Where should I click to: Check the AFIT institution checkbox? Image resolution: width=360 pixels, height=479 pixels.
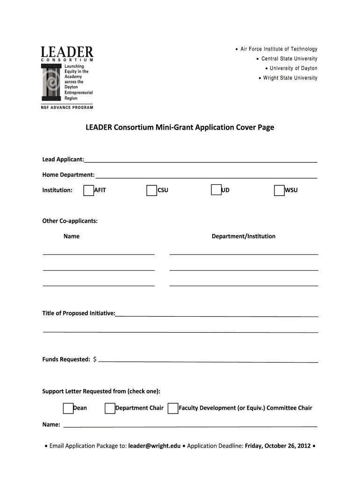pos(88,190)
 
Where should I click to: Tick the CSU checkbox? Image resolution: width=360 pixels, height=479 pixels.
pos(151,190)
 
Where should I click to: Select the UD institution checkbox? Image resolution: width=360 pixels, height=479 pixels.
pos(216,190)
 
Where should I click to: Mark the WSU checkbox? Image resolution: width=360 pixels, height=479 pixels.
pos(279,190)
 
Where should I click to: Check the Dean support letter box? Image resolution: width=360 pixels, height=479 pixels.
pos(68,408)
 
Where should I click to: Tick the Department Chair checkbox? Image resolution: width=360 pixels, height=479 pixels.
pos(110,408)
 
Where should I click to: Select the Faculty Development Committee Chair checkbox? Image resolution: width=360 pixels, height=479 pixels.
pos(173,408)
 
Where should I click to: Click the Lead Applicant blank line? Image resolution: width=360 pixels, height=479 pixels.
pos(201,161)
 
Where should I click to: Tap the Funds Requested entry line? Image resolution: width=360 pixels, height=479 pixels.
pos(208,361)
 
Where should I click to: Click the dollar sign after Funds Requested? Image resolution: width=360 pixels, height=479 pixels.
pos(95,359)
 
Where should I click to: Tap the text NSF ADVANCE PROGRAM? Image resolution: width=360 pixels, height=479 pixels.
pos(67,108)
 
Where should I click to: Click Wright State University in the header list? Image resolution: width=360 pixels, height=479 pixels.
pos(290,78)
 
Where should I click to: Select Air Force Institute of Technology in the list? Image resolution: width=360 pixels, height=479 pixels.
pos(279,49)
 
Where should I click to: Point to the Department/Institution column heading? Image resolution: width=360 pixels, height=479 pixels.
pos(244,236)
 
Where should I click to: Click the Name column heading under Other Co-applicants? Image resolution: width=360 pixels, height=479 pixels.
pos(72,236)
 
